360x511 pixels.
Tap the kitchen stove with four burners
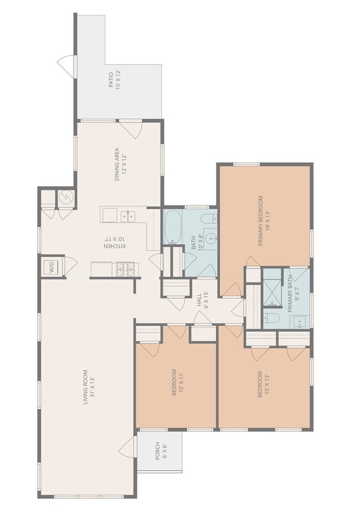tap(127, 269)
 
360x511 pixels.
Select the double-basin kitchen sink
tap(128, 214)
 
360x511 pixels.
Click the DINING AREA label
tap(117, 164)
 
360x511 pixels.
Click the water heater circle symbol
tap(65, 198)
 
